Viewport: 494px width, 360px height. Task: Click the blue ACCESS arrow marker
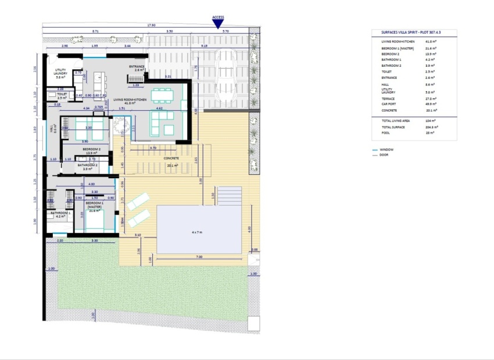pyautogui.click(x=218, y=24)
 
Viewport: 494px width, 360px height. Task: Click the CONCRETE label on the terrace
pyautogui.click(x=171, y=161)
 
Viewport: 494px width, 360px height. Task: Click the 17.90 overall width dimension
pyautogui.click(x=151, y=25)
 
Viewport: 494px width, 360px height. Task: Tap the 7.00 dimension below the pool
pyautogui.click(x=199, y=257)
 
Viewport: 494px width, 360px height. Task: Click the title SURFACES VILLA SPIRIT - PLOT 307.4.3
pyautogui.click(x=413, y=33)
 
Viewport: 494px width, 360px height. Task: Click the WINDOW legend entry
pyautogui.click(x=388, y=149)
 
